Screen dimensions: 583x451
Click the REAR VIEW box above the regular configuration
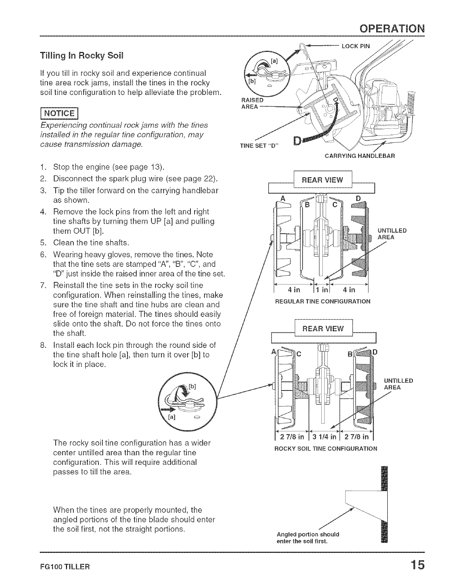(322, 180)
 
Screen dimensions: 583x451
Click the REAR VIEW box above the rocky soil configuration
(322, 329)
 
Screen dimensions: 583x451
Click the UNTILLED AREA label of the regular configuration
(392, 234)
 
